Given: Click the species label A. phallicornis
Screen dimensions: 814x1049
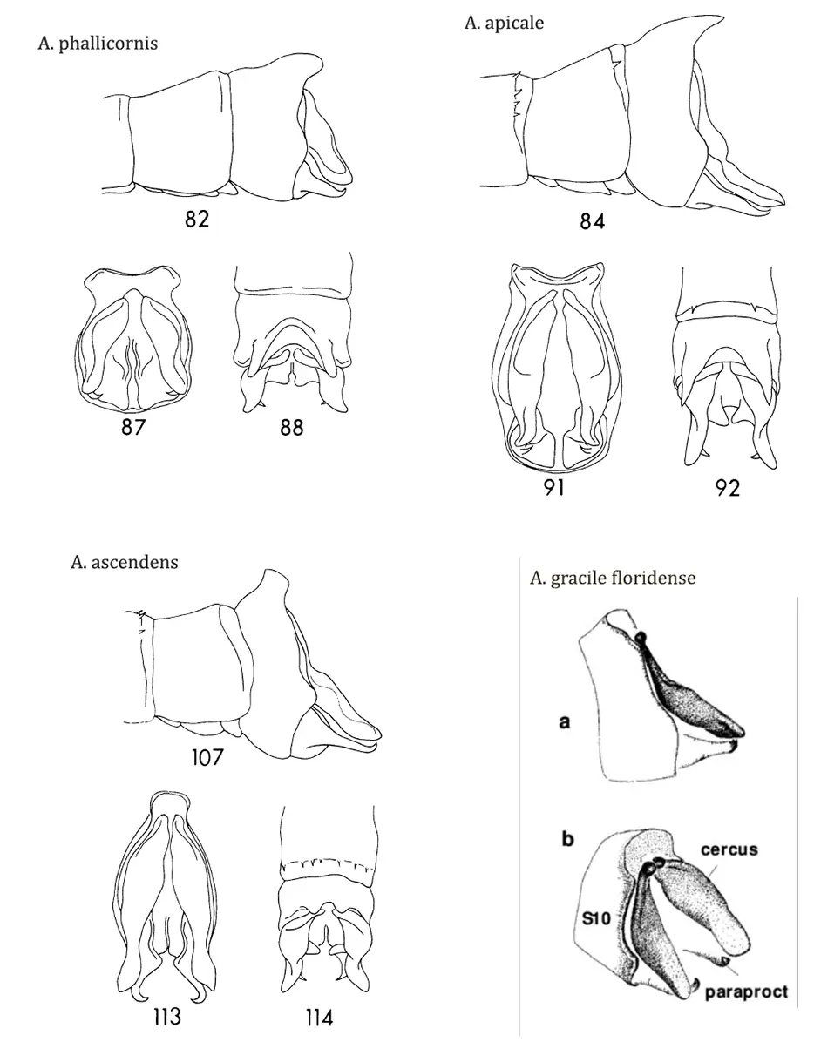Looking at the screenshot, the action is tap(98, 43).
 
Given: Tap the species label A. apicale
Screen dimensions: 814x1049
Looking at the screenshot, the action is tap(504, 23).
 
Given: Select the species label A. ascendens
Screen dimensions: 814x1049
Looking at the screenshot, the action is tap(124, 562).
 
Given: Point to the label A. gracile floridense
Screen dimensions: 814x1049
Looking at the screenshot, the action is tap(612, 578).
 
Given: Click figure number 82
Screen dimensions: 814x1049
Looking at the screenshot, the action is tap(196, 219).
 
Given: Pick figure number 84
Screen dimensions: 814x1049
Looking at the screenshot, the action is tap(592, 221).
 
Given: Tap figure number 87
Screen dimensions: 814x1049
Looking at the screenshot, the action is tap(132, 427).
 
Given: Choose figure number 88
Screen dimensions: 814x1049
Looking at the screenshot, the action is tap(292, 427).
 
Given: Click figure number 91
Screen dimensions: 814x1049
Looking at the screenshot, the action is tap(553, 488).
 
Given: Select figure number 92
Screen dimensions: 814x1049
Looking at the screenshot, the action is tap(727, 488).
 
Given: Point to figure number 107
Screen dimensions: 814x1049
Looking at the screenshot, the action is tap(207, 757).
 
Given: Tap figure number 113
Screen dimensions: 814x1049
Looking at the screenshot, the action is tap(167, 1017).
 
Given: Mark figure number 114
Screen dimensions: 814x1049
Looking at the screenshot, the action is tap(320, 1019).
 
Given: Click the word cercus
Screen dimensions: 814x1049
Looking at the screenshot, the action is tap(729, 849).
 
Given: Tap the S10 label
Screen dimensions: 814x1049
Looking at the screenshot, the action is tap(596, 918).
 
